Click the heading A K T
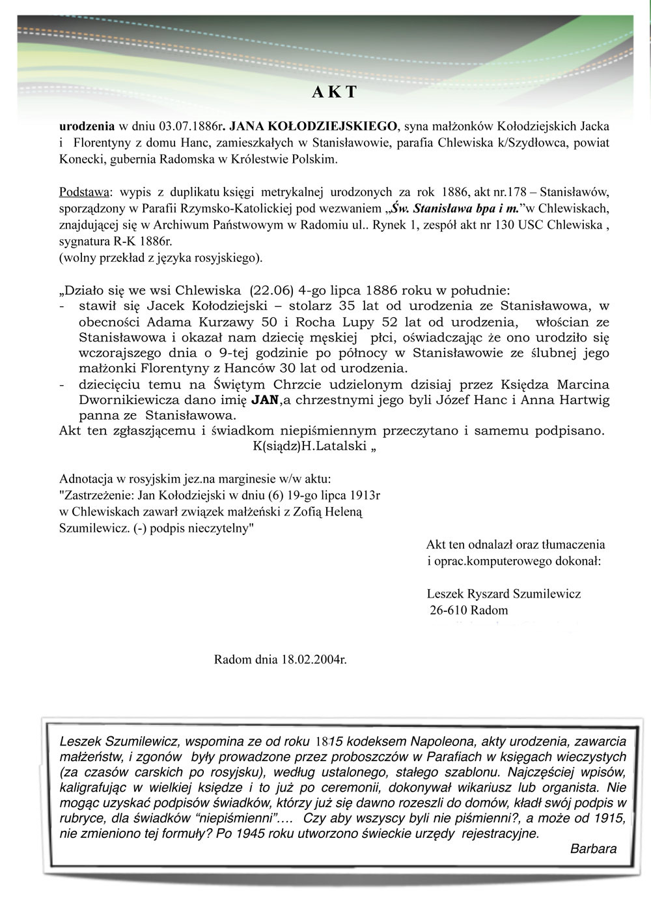(x=335, y=92)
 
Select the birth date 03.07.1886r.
(x=192, y=125)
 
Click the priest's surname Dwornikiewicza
(x=154, y=399)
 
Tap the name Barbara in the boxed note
(x=593, y=848)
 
